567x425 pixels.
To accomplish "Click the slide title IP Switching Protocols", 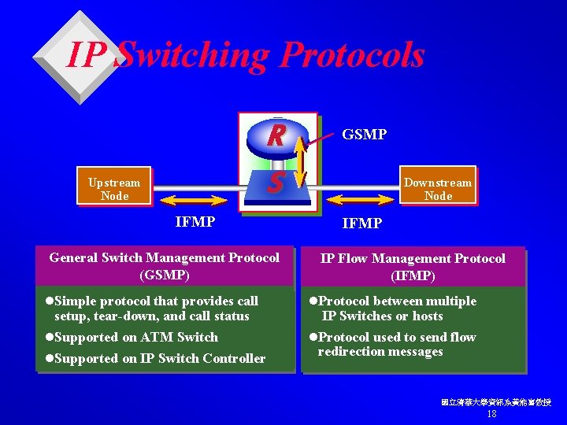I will (246, 55).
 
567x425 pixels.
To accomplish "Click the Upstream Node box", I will (114, 189).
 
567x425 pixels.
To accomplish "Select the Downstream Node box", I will (438, 189).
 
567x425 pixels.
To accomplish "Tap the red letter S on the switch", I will (275, 184).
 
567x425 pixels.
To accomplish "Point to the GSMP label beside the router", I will (364, 135).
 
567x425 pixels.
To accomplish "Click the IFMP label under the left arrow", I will (195, 222).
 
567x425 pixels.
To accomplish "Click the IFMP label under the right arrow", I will (361, 224).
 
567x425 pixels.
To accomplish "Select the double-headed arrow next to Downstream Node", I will (358, 189).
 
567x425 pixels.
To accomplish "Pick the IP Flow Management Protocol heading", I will (413, 267).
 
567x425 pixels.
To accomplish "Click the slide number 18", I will (492, 414).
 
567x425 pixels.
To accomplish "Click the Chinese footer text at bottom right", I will (495, 402).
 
